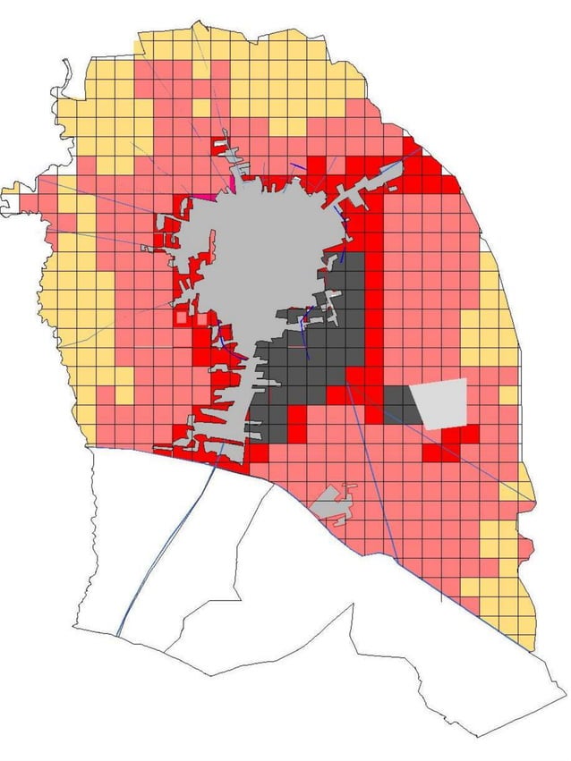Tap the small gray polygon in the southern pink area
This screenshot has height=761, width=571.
click(x=332, y=503)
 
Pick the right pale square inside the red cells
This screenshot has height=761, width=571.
click(x=202, y=317)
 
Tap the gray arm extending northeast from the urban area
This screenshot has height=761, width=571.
click(x=376, y=179)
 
